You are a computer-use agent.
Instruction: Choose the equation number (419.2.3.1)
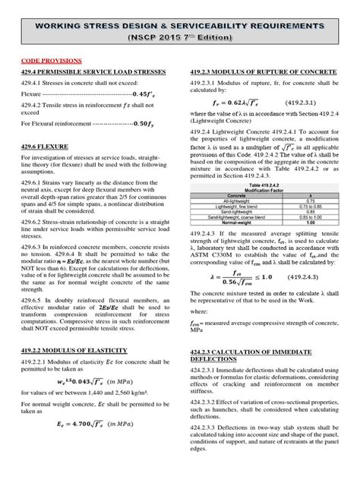(303, 100)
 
